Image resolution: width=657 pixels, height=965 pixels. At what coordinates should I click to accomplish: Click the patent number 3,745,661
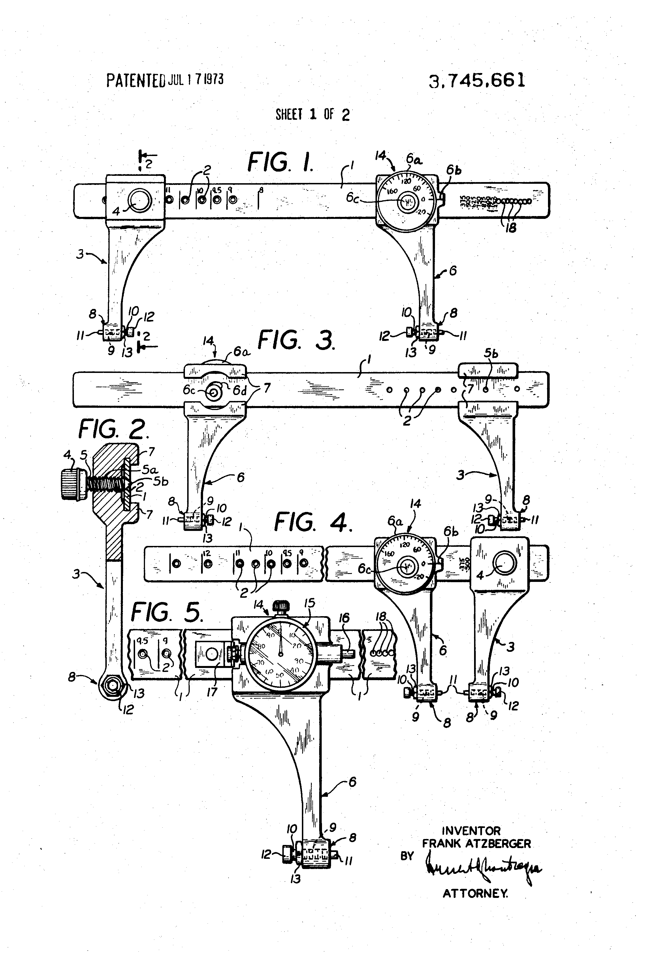click(477, 80)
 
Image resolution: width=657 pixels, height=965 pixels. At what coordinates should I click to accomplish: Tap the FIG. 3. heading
click(296, 340)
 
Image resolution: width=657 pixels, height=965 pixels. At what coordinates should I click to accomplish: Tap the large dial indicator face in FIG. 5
click(280, 654)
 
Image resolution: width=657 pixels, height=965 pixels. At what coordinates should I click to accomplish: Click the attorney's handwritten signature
click(482, 868)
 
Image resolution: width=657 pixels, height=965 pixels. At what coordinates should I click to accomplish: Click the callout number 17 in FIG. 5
click(212, 692)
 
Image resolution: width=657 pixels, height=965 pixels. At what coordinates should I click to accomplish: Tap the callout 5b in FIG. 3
click(491, 353)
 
